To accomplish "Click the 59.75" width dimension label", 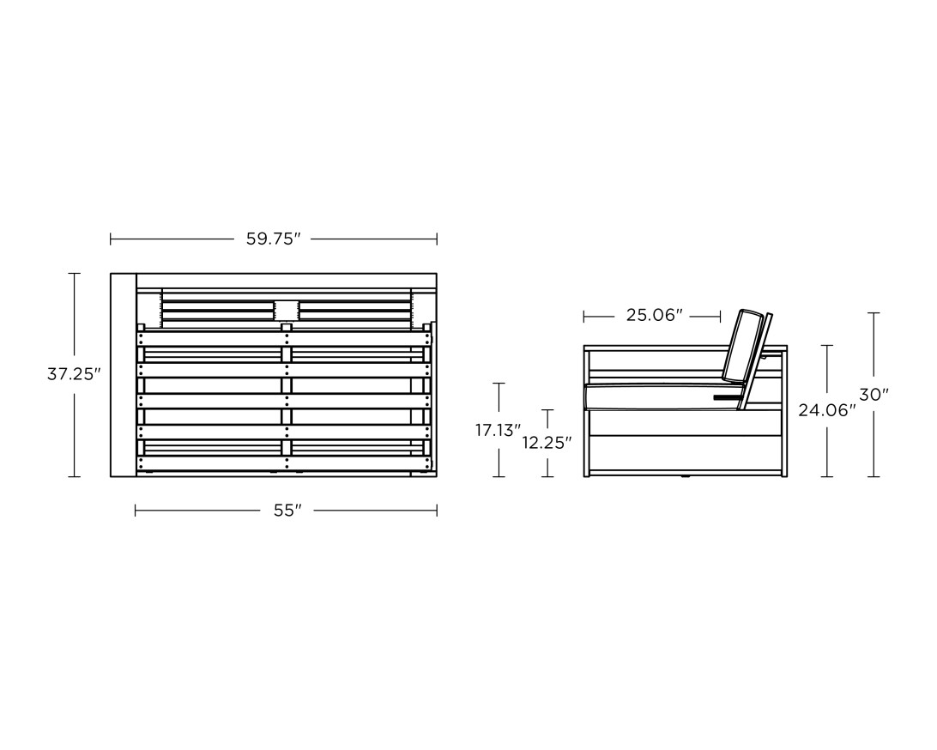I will [x=274, y=239].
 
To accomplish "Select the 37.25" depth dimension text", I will [x=74, y=374].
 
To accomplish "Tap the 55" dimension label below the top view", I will [x=287, y=511].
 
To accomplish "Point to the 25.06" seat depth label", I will [x=654, y=316].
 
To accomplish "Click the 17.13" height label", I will [x=498, y=430].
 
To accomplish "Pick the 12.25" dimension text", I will [x=547, y=443].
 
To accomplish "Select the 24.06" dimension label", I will [x=827, y=410].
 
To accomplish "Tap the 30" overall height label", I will [x=874, y=395].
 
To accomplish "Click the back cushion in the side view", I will [x=744, y=346].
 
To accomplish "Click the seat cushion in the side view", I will [x=661, y=397].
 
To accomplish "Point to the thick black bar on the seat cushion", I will [x=727, y=398].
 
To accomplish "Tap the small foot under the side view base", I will [x=684, y=478].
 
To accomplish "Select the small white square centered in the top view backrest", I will [x=286, y=311].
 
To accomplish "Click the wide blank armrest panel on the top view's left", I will [x=123, y=374].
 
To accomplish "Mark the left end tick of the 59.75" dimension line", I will [x=111, y=239].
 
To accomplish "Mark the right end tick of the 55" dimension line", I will [x=437, y=511].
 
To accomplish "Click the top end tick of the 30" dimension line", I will [x=874, y=313].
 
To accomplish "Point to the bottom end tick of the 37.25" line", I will [x=74, y=476].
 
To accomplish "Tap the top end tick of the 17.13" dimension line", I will [x=499, y=384].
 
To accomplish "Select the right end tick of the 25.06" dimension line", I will [x=721, y=317].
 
